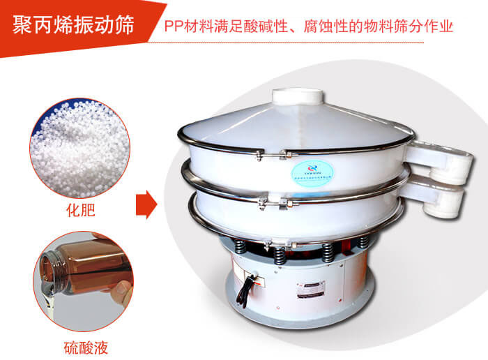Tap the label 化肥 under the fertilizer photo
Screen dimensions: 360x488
(82, 207)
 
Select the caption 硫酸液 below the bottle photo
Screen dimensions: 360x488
(82, 347)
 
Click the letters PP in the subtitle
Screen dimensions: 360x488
(172, 28)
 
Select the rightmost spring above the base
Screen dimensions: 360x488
(363, 243)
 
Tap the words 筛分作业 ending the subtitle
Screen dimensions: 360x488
(427, 28)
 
